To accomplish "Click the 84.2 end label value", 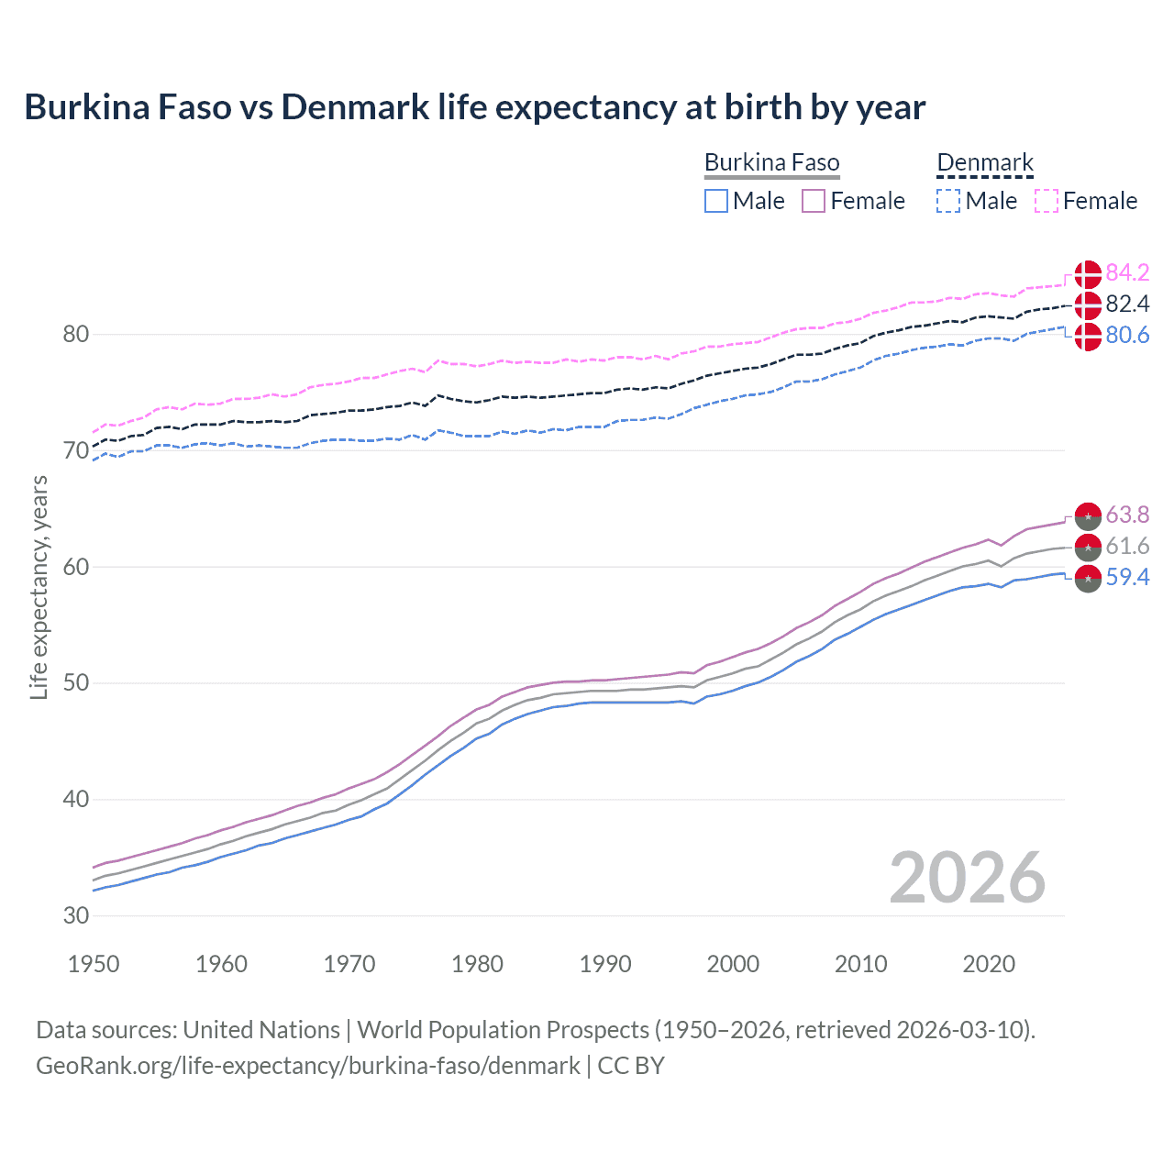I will (x=1127, y=272).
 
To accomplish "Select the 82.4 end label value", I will (x=1127, y=304).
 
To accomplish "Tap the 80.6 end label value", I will (x=1127, y=335).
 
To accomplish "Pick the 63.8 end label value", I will (x=1127, y=515).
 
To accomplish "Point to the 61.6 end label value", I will (x=1127, y=546).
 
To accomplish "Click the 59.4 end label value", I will (x=1127, y=577).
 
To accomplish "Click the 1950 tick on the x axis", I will (x=94, y=964).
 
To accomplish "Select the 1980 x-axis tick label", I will (x=477, y=964).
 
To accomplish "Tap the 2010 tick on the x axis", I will (x=860, y=964).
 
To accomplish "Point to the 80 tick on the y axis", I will (x=76, y=334).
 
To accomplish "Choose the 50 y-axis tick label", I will (x=76, y=682).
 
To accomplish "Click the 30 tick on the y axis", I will (x=76, y=915).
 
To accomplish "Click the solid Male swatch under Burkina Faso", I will (x=716, y=201).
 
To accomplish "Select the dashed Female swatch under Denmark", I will (x=1047, y=201).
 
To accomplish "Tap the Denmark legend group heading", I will (x=985, y=163).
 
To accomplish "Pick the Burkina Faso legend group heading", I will (x=771, y=163).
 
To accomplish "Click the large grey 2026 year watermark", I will (x=968, y=879).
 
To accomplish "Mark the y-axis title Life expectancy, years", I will (x=39, y=587).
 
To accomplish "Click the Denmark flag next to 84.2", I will (x=1088, y=273).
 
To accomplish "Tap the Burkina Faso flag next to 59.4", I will (x=1088, y=579).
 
